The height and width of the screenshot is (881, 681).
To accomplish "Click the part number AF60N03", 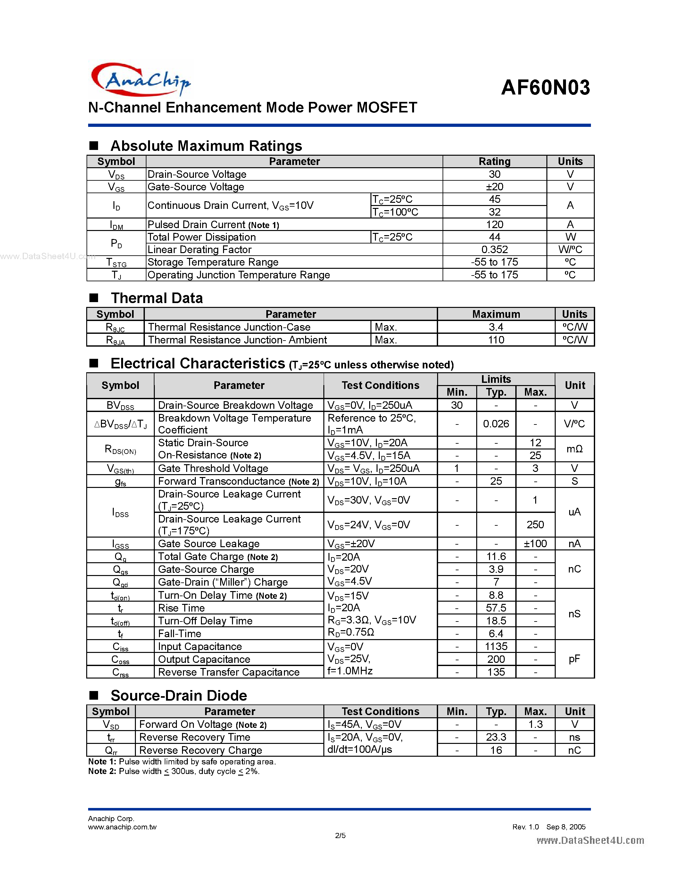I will [545, 87].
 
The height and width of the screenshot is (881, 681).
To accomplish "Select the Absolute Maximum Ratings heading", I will [206, 146].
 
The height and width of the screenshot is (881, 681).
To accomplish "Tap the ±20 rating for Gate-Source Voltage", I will [494, 187].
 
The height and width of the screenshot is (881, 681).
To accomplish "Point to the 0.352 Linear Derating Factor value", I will [494, 249].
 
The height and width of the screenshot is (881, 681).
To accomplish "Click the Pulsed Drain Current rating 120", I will [494, 224].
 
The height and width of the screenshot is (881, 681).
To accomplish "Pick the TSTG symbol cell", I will [116, 262].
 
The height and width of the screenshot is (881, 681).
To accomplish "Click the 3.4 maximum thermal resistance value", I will [496, 327].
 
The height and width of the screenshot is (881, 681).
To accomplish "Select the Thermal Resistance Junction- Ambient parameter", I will [237, 340].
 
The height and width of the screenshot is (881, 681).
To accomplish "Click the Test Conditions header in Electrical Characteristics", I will [380, 385].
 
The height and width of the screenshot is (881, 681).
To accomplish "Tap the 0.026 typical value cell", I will [496, 424].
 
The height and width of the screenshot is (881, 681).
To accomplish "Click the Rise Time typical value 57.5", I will [496, 608].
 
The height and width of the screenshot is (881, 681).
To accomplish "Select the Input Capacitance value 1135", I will [496, 646].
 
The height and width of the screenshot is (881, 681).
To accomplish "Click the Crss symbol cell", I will [120, 672].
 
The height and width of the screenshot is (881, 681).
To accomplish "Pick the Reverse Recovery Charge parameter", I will [201, 750].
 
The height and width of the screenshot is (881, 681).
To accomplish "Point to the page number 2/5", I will [340, 836].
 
